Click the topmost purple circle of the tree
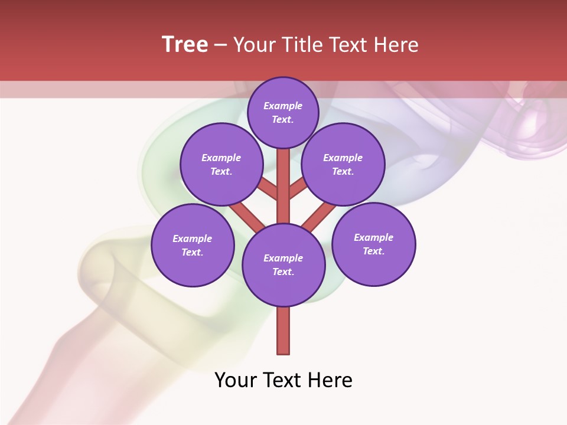[x=283, y=112]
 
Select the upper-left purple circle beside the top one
[x=221, y=164]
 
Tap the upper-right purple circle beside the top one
[x=343, y=164]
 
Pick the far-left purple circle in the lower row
[x=193, y=245]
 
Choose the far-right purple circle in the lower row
[x=374, y=244]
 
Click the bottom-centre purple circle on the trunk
[x=283, y=265]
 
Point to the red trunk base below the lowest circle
[x=283, y=331]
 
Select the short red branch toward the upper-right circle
[x=298, y=189]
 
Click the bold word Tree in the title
[x=185, y=45]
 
